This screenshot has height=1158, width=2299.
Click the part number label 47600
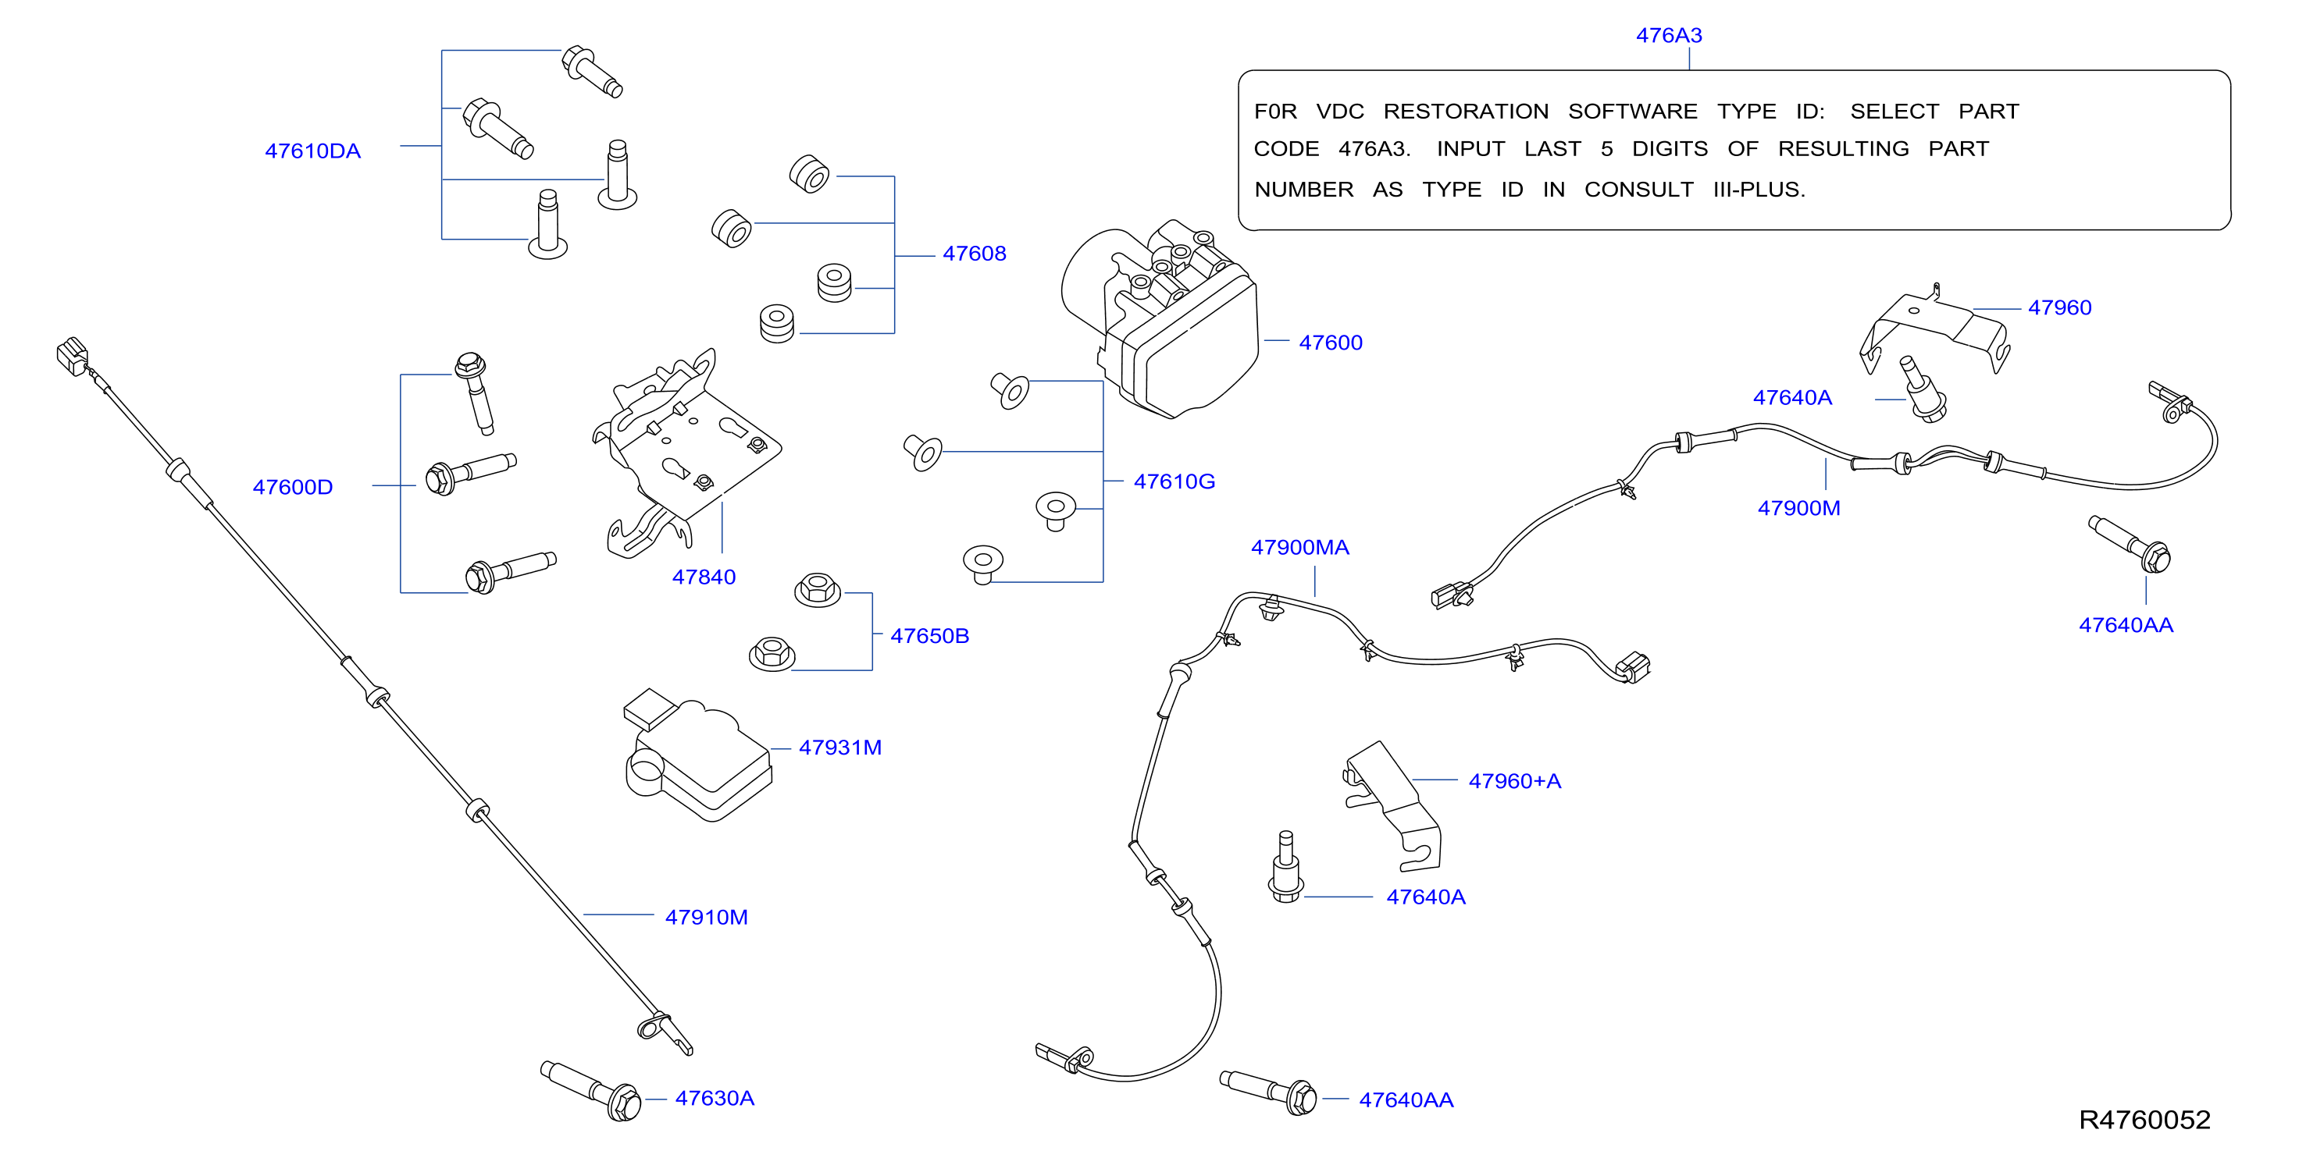[1330, 343]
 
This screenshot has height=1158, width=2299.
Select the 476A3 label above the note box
[1669, 36]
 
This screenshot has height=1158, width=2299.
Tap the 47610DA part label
[312, 151]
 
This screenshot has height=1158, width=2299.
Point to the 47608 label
[974, 254]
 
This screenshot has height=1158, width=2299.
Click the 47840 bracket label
[704, 577]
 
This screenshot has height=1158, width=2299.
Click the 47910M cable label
[706, 917]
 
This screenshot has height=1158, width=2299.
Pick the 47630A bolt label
[714, 1098]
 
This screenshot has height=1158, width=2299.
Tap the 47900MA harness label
[1299, 548]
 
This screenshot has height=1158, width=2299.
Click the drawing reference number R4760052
[2144, 1120]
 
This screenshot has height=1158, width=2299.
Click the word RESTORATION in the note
[1466, 112]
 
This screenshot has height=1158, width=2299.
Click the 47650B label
[929, 636]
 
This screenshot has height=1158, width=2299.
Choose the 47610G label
[1174, 481]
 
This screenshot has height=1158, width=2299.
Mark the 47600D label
[292, 487]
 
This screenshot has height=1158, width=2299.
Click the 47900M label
[1798, 509]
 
